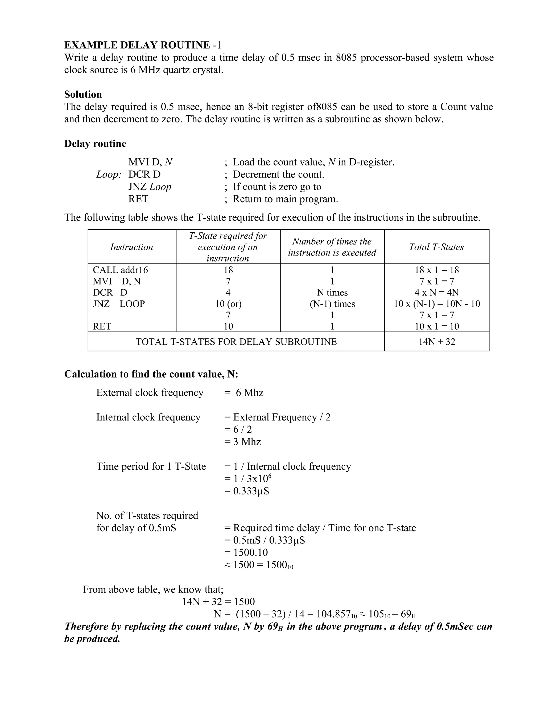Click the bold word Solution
click(x=83, y=94)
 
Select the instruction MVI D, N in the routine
click(x=150, y=162)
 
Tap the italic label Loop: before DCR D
click(x=109, y=175)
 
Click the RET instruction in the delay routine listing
click(x=138, y=199)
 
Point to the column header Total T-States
click(x=436, y=247)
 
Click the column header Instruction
click(x=131, y=247)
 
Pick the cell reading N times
click(x=332, y=293)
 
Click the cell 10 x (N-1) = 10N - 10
click(x=436, y=304)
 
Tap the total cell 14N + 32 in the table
click(x=436, y=342)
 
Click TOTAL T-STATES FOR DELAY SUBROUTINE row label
click(x=236, y=342)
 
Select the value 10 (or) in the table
click(x=228, y=304)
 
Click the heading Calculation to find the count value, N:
click(x=151, y=374)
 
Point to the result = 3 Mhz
click(x=242, y=441)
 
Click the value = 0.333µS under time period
click(x=247, y=491)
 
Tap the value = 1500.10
click(x=246, y=553)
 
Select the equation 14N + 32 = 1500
click(x=218, y=602)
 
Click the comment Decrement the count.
click(x=278, y=175)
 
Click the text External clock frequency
click(x=150, y=392)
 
